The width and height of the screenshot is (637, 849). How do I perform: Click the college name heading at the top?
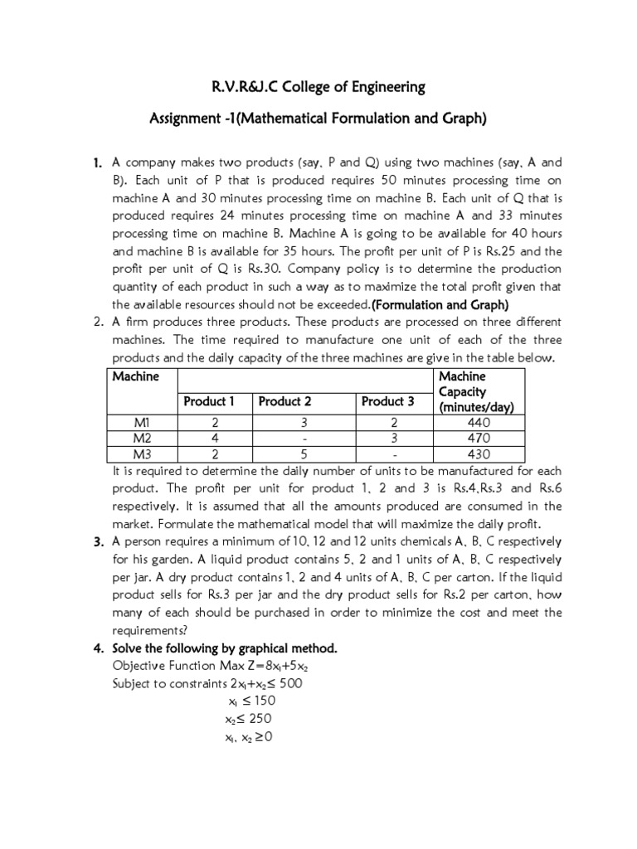tap(318, 86)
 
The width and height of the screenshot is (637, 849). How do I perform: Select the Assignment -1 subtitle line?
tap(318, 119)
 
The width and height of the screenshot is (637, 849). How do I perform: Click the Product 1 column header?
tap(209, 401)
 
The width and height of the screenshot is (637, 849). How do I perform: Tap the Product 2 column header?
tap(284, 401)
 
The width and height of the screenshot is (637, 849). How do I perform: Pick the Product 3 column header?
tap(387, 401)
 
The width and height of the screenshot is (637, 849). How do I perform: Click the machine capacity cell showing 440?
tap(479, 423)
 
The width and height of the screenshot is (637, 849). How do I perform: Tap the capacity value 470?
tap(479, 439)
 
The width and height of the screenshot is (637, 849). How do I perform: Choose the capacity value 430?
tap(479, 454)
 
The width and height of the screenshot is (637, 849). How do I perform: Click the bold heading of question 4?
tap(225, 648)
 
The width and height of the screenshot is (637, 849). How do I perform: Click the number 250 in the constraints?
tap(259, 719)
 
